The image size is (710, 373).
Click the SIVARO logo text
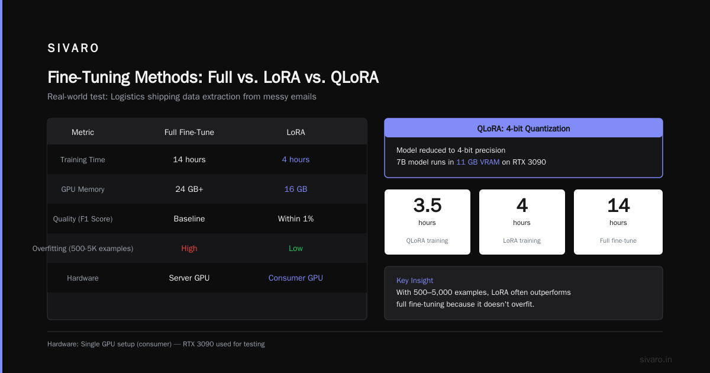[x=73, y=48]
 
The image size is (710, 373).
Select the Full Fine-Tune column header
[x=189, y=132]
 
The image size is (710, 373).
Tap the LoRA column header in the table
[x=296, y=132]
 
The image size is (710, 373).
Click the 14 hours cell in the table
[x=189, y=159]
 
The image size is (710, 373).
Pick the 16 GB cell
[x=296, y=189]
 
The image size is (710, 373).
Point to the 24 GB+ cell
[x=189, y=189]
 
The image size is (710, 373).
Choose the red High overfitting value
[x=189, y=248]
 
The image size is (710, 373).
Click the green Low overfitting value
[x=296, y=248]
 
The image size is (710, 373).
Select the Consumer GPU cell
[x=296, y=278]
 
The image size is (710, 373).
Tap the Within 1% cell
[x=296, y=219]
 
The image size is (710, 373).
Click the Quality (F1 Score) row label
[x=83, y=219]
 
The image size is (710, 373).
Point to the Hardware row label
[x=83, y=278]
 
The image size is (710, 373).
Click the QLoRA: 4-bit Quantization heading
[x=524, y=128]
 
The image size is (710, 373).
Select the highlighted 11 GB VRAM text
[x=478, y=162]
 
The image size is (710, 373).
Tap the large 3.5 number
[x=427, y=205]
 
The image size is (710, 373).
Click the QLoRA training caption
[x=427, y=241]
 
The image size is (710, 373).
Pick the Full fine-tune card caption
[x=618, y=241]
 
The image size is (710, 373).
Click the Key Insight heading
[x=415, y=281]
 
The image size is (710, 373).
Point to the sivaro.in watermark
[x=656, y=359]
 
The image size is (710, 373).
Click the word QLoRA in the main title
[x=354, y=78]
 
